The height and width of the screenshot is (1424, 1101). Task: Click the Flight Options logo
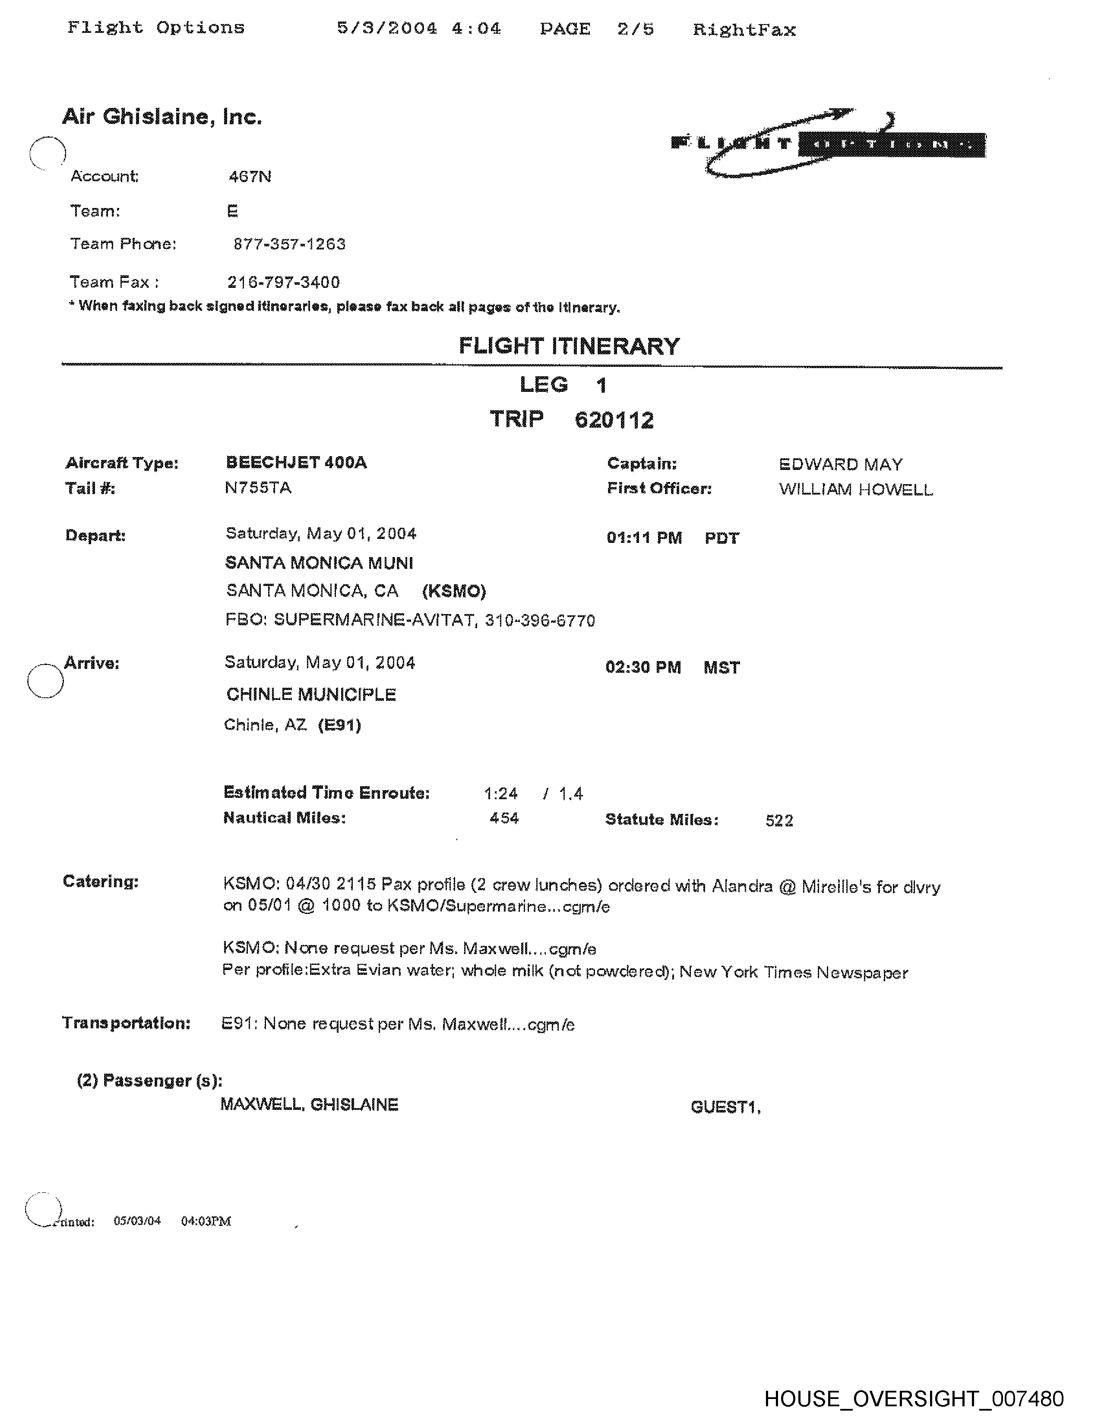point(827,143)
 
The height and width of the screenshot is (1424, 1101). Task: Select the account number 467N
point(250,176)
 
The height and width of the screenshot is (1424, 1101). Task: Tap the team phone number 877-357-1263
point(289,245)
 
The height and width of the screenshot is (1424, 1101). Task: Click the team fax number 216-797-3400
point(283,282)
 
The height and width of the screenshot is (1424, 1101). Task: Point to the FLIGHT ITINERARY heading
point(569,346)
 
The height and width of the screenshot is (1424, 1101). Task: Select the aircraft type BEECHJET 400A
point(296,463)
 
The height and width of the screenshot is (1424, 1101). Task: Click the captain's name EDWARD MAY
point(840,465)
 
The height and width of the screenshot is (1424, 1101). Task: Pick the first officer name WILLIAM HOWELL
point(855,490)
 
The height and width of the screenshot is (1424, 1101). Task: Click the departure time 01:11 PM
point(644,538)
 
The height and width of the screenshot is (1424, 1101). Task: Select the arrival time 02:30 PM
point(643,668)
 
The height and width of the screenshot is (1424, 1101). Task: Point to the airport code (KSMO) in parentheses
point(454,591)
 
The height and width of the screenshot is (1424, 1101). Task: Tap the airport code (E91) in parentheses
point(339,725)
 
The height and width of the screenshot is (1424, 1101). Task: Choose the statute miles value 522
point(779,821)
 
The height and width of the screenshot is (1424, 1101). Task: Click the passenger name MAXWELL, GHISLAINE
point(309,1105)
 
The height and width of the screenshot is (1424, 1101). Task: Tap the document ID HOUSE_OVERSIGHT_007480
point(913,1399)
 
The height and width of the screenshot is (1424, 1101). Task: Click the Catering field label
point(101,882)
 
